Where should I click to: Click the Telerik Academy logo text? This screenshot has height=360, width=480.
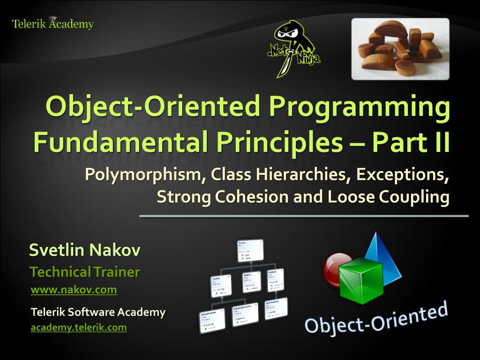(52, 24)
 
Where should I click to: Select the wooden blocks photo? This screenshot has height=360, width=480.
(400, 49)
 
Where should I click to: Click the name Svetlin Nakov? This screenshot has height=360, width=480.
(84, 250)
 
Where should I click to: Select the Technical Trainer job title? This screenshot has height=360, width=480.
(84, 272)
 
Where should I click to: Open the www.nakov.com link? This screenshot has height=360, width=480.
(74, 290)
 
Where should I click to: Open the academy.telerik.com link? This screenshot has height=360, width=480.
(78, 328)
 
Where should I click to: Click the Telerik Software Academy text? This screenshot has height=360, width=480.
(97, 312)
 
